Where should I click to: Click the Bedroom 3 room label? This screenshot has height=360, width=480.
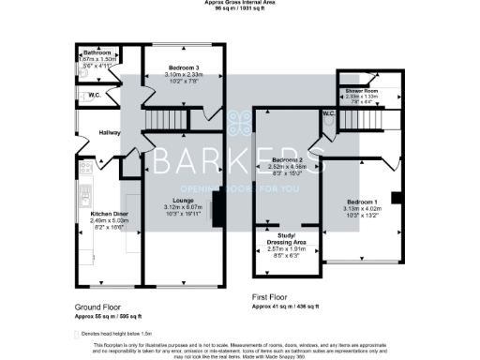click(x=183, y=68)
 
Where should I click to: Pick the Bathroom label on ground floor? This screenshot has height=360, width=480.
click(x=97, y=52)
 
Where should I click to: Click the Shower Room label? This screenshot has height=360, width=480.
click(x=361, y=91)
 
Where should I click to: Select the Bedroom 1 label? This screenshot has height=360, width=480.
click(x=361, y=202)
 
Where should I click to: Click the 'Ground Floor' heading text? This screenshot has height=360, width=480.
click(x=97, y=307)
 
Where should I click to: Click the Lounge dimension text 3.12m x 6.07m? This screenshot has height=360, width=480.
click(x=184, y=206)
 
